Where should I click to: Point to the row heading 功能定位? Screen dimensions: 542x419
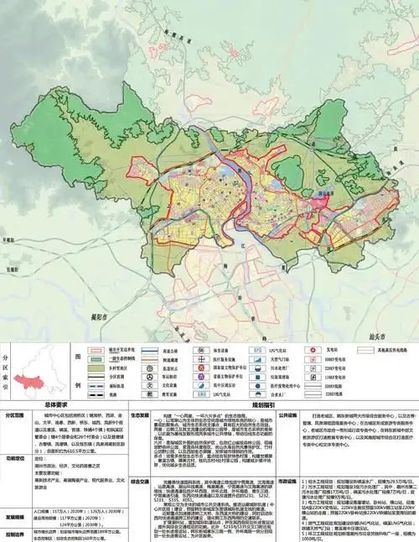[x=17, y=459]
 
